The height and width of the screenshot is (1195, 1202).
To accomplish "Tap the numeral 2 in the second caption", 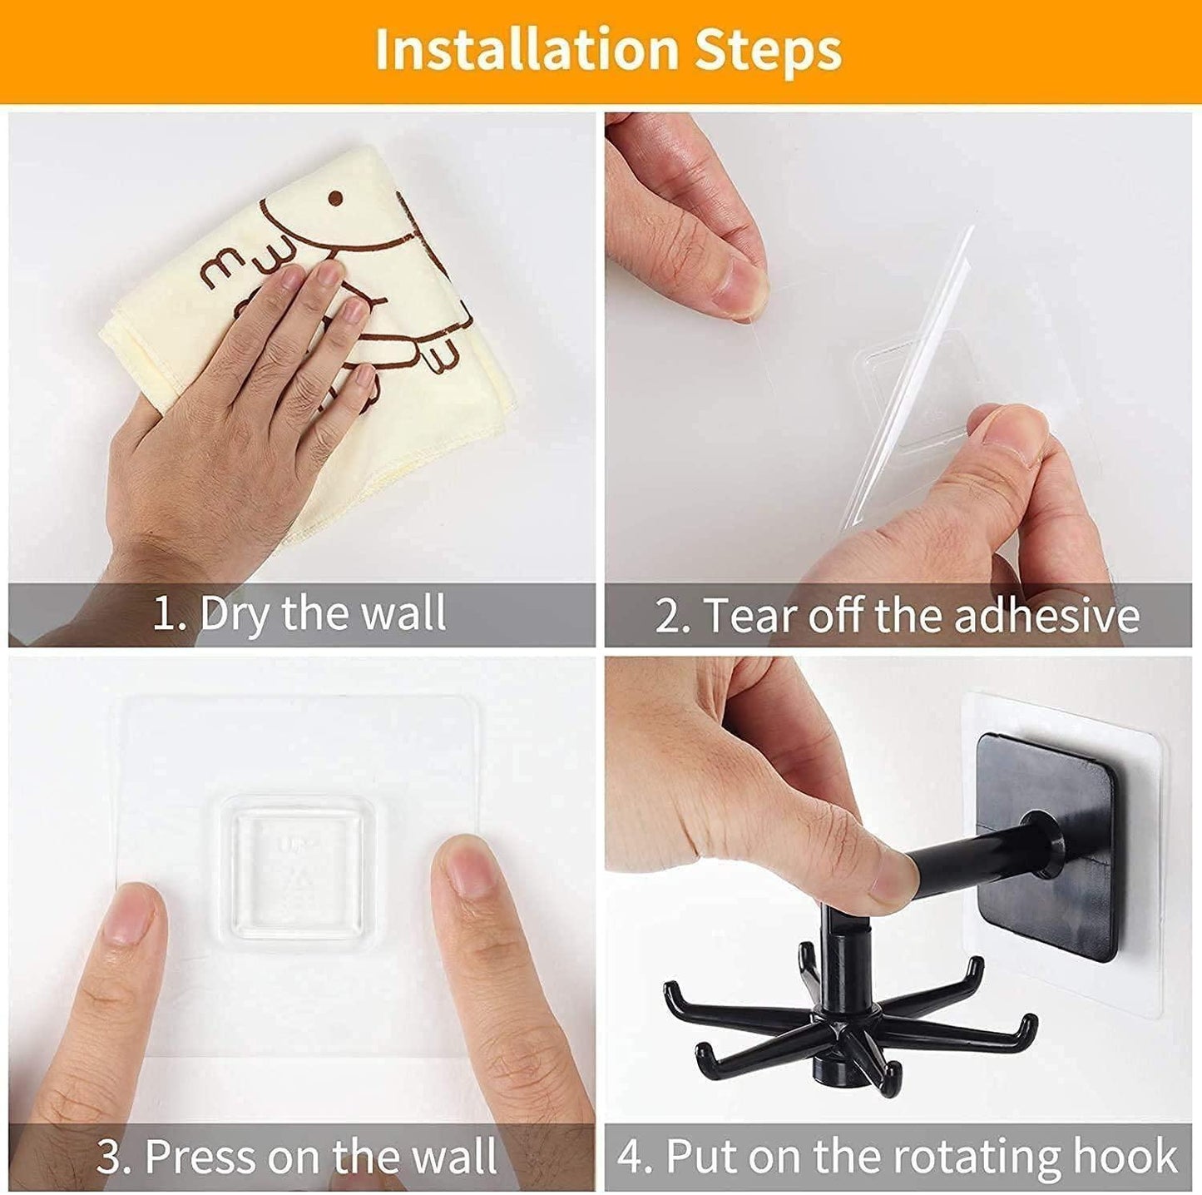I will point(667,617).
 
